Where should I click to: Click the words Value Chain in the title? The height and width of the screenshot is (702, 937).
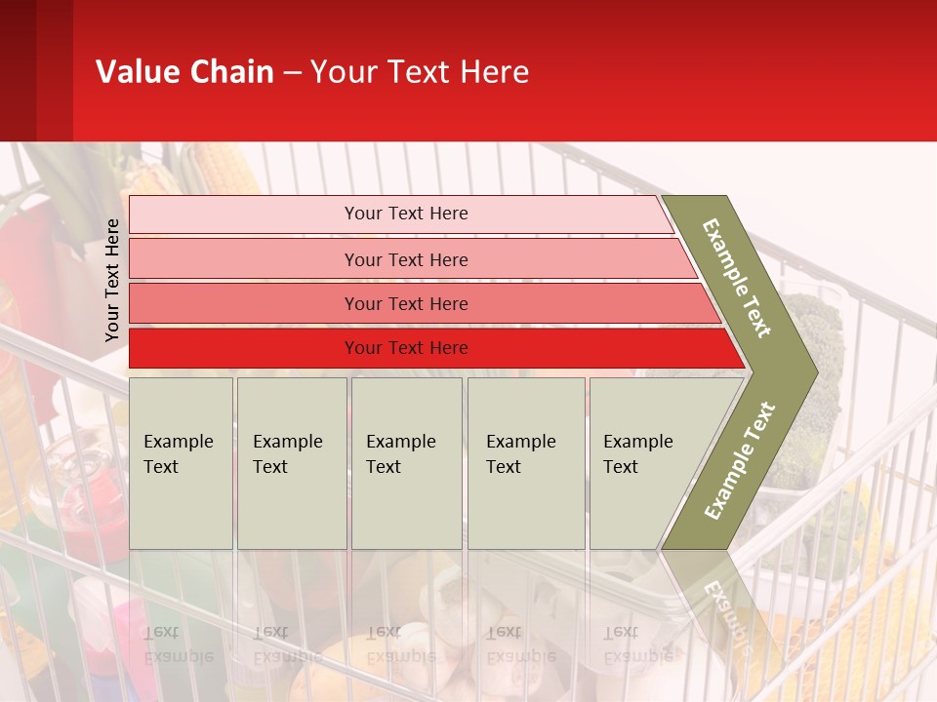click(x=184, y=72)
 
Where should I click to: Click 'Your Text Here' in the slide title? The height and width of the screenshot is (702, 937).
click(x=420, y=72)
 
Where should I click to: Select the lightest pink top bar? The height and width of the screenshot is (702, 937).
click(x=405, y=214)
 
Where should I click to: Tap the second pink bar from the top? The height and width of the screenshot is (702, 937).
click(x=405, y=259)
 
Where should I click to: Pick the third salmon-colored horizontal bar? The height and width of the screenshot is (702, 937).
click(x=405, y=303)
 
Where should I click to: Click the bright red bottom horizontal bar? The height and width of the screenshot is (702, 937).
click(x=405, y=348)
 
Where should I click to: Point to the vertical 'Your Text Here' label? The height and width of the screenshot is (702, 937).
click(x=112, y=280)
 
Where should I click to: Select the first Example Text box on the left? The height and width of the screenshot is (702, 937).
click(x=181, y=463)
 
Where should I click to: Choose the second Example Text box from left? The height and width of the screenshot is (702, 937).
click(x=292, y=463)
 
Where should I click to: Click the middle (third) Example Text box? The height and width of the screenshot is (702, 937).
click(x=406, y=463)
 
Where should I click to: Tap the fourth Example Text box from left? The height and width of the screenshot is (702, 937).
click(x=526, y=463)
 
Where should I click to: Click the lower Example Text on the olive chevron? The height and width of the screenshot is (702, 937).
click(x=739, y=461)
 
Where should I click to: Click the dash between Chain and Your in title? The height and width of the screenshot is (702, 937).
click(x=292, y=73)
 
